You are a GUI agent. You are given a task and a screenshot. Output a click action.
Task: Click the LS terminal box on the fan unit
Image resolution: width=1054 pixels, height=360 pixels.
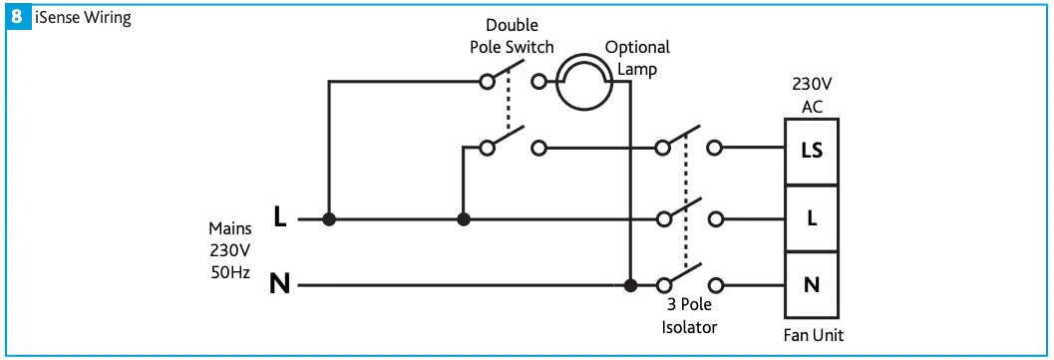click(812, 151)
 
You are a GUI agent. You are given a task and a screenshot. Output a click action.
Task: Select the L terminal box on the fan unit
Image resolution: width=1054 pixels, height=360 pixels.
click(812, 217)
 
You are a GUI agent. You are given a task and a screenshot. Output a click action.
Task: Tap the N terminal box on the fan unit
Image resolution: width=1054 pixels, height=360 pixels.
click(812, 285)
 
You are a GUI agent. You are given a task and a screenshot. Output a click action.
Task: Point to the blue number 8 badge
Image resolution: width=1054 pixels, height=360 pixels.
click(17, 17)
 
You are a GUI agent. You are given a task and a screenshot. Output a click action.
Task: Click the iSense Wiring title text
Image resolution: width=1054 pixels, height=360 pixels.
click(83, 18)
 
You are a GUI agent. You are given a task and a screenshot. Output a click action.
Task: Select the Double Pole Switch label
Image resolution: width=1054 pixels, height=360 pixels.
click(513, 38)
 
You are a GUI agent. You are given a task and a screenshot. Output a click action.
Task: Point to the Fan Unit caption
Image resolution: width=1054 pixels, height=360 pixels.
click(813, 335)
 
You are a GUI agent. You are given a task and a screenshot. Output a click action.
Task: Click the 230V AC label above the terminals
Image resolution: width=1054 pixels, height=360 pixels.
click(812, 97)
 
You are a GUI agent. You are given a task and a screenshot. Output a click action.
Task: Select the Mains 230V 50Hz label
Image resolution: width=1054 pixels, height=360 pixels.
click(229, 249)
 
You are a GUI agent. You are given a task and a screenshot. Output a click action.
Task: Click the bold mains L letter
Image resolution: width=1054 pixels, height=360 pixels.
click(280, 216)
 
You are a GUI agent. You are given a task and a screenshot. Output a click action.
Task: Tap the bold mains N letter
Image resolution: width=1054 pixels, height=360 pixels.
click(280, 285)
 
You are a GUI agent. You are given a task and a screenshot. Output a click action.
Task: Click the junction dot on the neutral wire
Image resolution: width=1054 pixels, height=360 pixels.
click(630, 286)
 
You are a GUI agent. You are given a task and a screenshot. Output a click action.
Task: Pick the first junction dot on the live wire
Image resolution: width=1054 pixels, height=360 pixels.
click(329, 218)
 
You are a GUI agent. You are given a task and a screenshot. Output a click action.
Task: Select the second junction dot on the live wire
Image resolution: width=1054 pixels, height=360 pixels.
click(463, 218)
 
